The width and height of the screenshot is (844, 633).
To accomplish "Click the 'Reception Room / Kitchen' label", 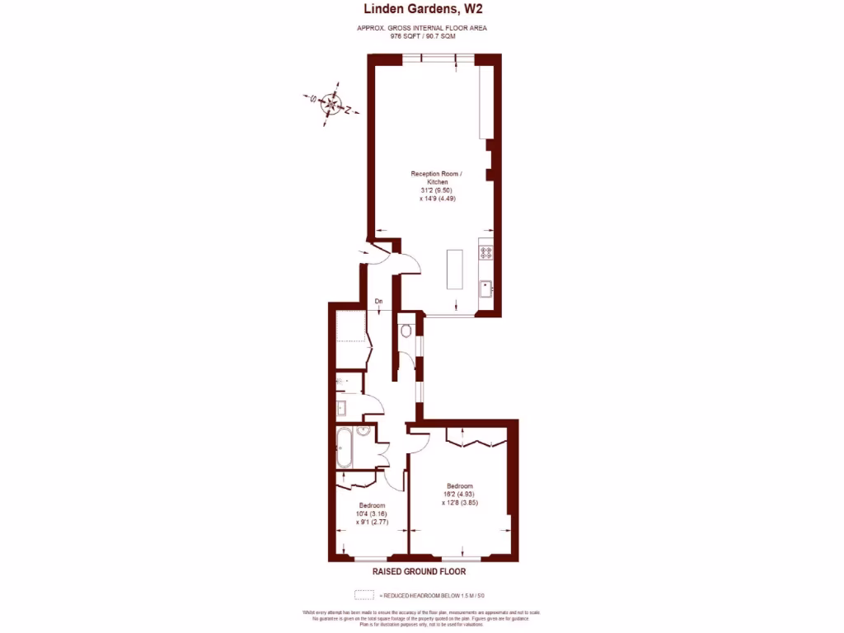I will (437, 177).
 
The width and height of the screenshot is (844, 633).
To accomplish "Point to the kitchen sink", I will (486, 288).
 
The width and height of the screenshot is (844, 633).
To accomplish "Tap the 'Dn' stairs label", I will (378, 302).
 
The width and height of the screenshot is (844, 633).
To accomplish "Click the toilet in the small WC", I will (405, 332).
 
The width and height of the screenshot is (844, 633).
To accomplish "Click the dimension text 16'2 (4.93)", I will (459, 494).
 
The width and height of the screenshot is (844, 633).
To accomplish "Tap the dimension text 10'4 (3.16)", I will (372, 513).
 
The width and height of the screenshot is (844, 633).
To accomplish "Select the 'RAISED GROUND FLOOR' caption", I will (419, 572).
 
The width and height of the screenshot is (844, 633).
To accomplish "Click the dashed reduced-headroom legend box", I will (363, 594).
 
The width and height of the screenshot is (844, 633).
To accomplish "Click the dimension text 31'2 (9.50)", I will (437, 190).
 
